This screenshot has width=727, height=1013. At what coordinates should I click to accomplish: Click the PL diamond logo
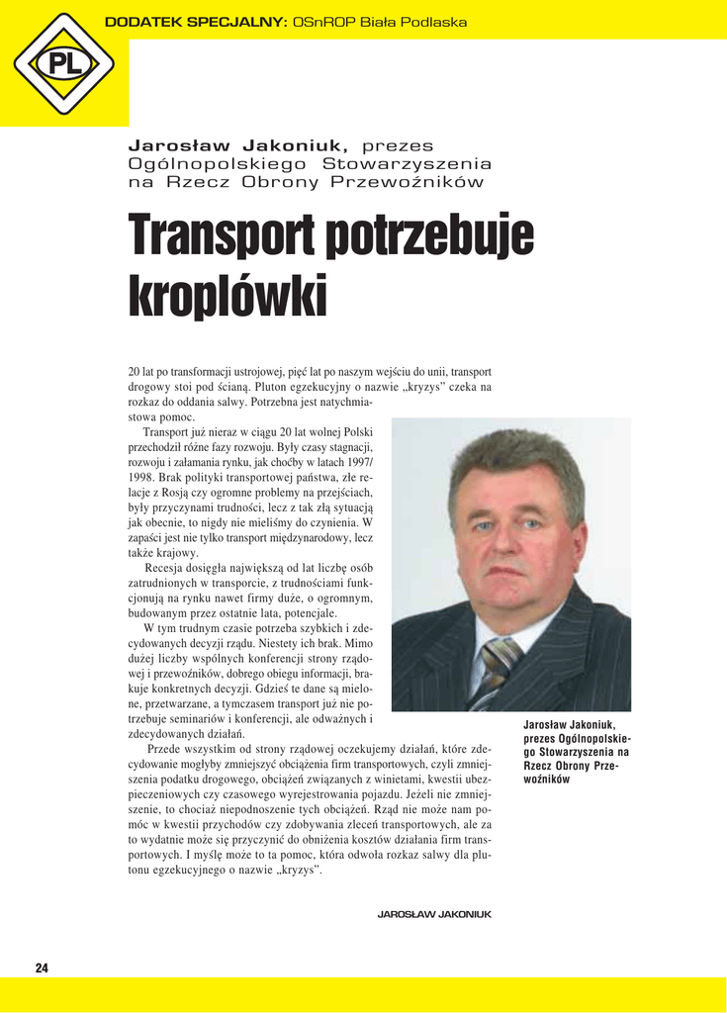click(x=63, y=64)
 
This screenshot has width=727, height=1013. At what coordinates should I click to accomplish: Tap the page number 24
click(x=42, y=967)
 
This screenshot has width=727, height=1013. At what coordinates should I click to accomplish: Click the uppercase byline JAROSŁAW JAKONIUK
click(x=434, y=914)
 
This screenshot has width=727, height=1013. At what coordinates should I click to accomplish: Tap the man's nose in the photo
click(x=504, y=539)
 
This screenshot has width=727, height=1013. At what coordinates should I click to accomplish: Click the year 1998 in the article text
click(x=144, y=478)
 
